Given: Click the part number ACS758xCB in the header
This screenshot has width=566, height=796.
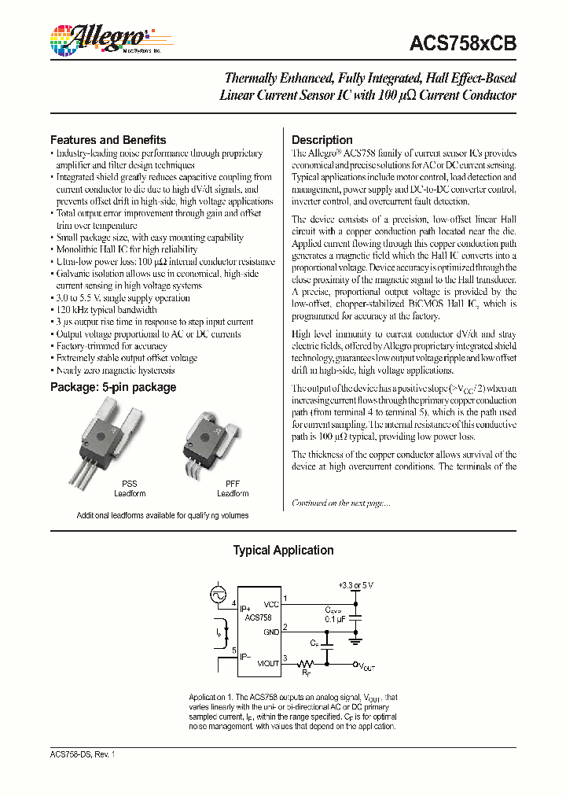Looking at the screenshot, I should pos(463,44).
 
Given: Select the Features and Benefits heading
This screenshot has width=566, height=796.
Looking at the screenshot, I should pos(108,140).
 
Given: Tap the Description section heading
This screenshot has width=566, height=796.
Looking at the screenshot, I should pos(322,140).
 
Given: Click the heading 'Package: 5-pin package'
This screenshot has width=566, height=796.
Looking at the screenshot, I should pos(113,387).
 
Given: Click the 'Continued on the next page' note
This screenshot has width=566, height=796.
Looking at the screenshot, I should pos(340,503).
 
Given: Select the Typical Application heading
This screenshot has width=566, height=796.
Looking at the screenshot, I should pos(283,551).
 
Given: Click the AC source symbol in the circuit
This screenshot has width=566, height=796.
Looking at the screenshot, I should pos(218,595).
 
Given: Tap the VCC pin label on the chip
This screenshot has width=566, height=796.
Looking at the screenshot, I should pos(271,604).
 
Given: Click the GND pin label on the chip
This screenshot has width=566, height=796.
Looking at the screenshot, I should pos(271,632).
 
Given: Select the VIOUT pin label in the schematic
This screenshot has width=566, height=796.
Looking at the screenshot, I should pos(268,663).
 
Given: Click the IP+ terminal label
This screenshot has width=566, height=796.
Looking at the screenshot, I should pos(246,609).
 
